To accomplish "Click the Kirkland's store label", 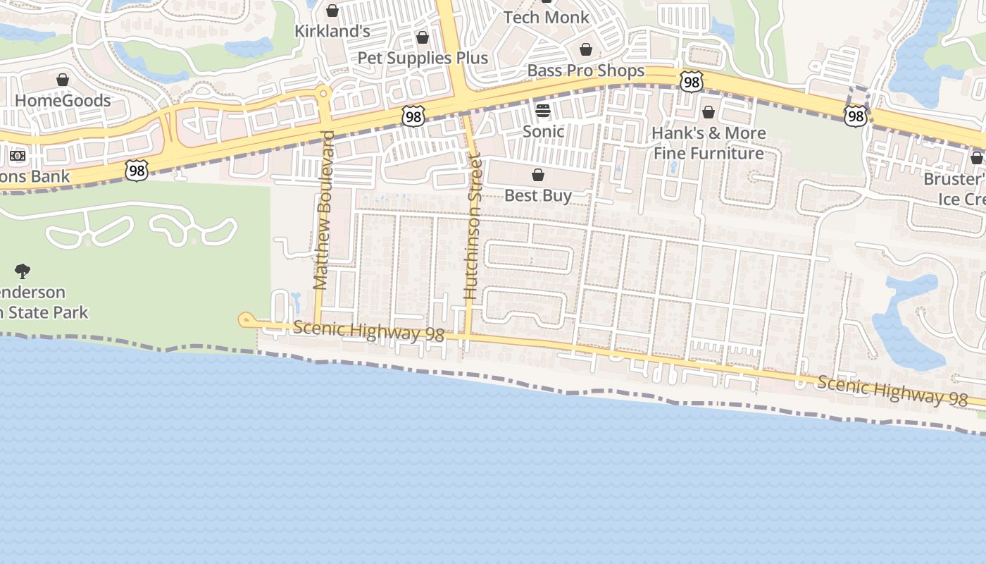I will point(332,31).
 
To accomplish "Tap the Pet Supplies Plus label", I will point(423,58).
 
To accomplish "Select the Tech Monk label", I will point(547,18).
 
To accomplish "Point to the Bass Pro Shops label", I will point(585,70).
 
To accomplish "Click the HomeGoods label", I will point(63,100).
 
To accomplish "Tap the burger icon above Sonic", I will point(543,110).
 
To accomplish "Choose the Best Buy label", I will point(538,195).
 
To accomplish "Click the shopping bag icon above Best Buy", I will point(538,175).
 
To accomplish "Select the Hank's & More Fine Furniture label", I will point(709,143).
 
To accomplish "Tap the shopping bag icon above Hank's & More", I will point(709,113).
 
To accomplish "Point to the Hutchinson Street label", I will point(472,229).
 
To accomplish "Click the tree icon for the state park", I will point(23,271).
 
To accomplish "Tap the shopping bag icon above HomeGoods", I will point(63,80).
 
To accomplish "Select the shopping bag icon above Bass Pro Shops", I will point(585,49).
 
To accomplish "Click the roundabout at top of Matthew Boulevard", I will point(323,92).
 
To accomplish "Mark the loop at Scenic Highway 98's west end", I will point(245,321).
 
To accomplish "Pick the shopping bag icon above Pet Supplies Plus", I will point(423,37).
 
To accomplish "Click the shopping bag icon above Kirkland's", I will point(332,11).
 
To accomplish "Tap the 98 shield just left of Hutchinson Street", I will point(413,117).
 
